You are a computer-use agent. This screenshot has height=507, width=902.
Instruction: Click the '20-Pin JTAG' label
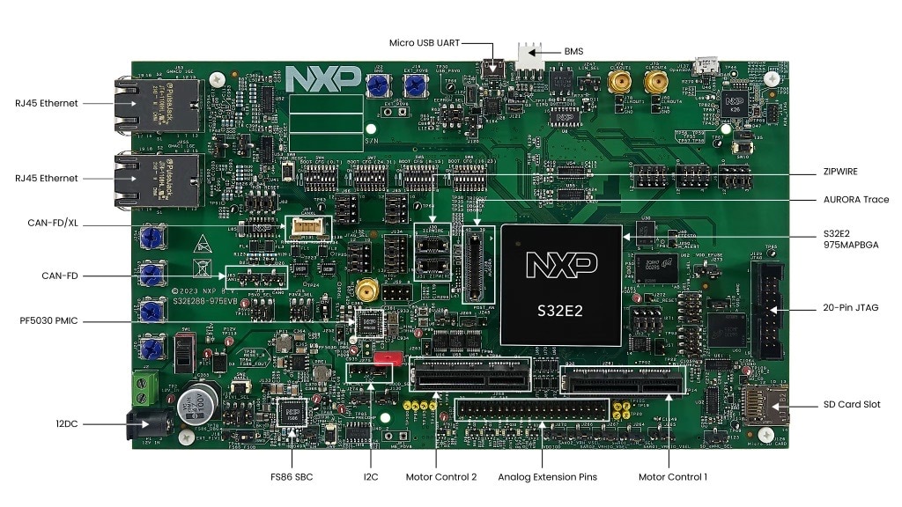pos(849,307)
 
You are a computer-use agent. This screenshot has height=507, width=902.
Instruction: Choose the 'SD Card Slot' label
pos(847,405)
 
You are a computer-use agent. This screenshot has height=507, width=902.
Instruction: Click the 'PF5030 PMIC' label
pos(48,320)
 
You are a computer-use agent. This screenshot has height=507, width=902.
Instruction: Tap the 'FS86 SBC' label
pos(292,477)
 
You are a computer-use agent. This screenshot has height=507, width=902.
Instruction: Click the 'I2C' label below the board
pos(371,477)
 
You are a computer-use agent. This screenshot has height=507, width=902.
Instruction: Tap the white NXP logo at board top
pos(322,78)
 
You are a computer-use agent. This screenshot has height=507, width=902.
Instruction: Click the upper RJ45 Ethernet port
pos(141,103)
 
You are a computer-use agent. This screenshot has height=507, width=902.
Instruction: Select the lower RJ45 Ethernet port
pos(141,179)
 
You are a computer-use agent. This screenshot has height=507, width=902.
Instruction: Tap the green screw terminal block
pos(144,385)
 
